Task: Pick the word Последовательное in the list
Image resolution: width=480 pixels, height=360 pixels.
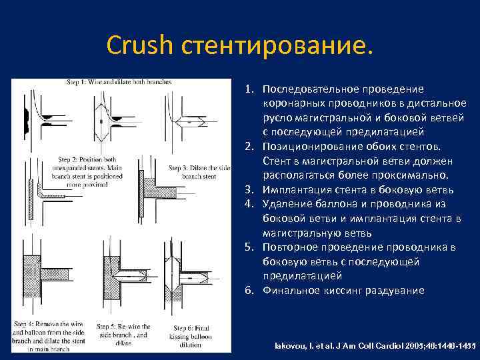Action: click(x=307, y=89)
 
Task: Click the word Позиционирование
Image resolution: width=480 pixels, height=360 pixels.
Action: click(x=307, y=147)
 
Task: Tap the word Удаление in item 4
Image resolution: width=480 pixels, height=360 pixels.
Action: click(x=285, y=204)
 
